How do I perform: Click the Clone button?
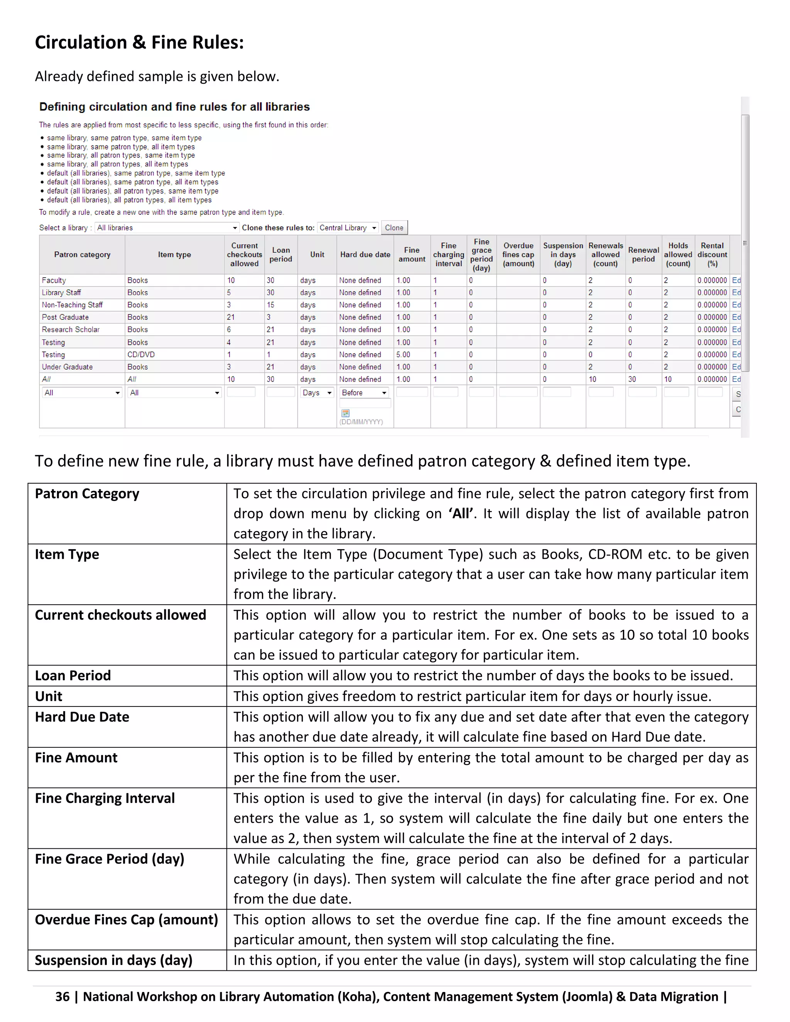[394, 228]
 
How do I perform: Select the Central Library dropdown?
[348, 228]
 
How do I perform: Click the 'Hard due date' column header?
[365, 255]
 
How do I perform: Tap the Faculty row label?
[54, 280]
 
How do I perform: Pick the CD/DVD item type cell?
[141, 355]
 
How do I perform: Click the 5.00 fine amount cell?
[403, 355]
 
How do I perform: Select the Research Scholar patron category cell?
[71, 330]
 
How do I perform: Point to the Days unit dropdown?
[317, 393]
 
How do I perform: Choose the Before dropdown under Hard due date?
[364, 393]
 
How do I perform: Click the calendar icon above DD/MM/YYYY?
[345, 413]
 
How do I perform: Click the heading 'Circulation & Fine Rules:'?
[139, 42]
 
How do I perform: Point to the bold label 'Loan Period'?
[73, 676]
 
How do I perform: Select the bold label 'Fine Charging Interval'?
[105, 798]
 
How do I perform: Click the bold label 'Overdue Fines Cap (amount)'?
[127, 920]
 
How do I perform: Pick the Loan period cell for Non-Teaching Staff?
[270, 305]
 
